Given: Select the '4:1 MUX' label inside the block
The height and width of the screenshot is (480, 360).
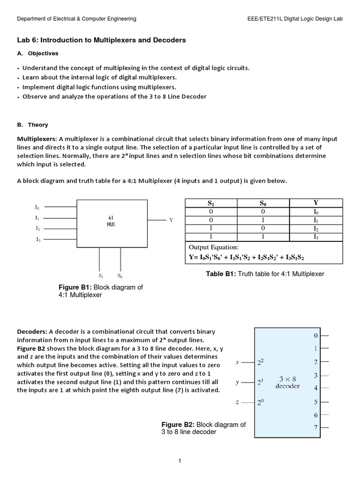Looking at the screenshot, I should click(111, 221).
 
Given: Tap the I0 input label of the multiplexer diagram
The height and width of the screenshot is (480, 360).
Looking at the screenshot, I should click(37, 207).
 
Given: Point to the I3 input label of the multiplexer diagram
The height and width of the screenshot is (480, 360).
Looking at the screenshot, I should click(37, 240).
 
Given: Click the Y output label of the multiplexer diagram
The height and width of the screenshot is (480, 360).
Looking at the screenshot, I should click(171, 220).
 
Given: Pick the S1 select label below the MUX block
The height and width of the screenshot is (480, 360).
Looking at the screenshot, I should click(101, 276).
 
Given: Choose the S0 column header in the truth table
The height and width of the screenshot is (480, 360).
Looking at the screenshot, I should click(263, 203).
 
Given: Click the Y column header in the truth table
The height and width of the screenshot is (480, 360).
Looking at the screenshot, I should click(315, 202).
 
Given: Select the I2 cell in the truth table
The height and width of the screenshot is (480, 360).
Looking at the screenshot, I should click(315, 228).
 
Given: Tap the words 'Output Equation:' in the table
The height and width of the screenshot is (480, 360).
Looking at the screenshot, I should click(214, 247).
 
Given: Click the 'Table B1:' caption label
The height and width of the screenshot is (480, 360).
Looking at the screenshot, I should click(221, 274).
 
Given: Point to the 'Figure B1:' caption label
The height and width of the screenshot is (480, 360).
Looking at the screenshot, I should click(75, 287).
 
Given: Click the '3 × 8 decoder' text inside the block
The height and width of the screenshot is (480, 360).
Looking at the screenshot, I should click(288, 382).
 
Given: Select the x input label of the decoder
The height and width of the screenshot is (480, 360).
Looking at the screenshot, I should click(237, 362).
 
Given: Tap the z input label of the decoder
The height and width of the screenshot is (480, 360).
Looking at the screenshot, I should click(237, 402).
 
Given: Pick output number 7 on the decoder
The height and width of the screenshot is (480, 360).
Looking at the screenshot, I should click(315, 427).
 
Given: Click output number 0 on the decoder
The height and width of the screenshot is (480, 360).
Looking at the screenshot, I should click(315, 336).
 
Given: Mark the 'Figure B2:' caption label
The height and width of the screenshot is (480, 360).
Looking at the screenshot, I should click(178, 425).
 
